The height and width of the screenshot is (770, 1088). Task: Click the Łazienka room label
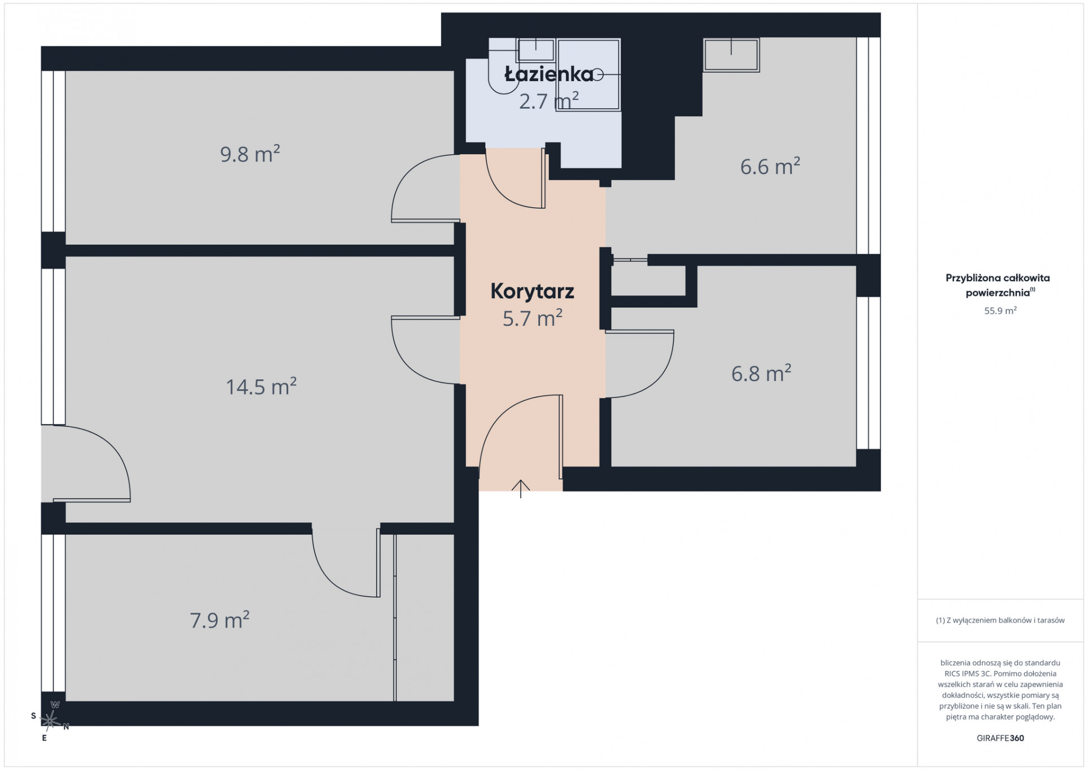pos(549,74)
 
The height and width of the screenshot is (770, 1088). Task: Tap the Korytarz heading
pos(532,291)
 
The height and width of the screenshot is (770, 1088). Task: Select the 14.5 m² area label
pos(261,387)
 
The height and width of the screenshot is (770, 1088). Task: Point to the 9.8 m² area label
pos(250,154)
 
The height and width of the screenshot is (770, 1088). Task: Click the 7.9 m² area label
pos(220,620)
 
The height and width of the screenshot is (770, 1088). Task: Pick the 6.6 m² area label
pos(770,167)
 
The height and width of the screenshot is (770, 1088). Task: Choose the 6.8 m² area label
pos(761,373)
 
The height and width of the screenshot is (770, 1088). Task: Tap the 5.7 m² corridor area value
pos(532,318)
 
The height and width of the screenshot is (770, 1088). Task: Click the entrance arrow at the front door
pos(521,489)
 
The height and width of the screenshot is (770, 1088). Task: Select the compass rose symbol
pos(50,720)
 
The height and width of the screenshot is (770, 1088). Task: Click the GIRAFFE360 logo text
pos(1000,738)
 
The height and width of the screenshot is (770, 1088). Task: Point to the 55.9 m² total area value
pos(1000,310)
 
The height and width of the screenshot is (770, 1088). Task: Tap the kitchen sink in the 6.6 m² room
pos(731,55)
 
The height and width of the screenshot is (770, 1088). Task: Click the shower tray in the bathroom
pos(588,75)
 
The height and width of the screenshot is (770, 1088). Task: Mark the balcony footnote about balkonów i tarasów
pos(1000,620)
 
